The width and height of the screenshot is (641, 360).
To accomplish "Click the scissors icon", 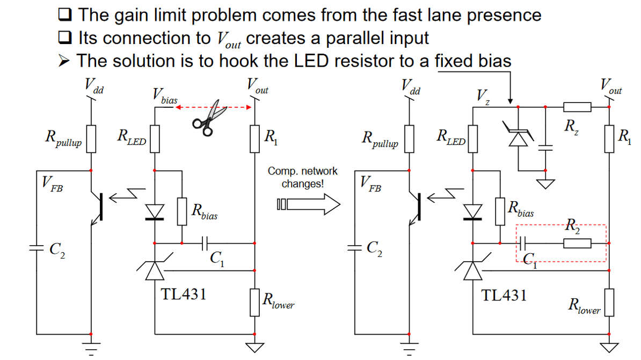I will coord(208,116).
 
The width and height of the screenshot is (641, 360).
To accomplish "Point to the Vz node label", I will coord(483,97).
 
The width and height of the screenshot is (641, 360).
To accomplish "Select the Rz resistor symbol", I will coord(577,107).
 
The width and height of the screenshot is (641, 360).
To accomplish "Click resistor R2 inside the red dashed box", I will coord(577,244).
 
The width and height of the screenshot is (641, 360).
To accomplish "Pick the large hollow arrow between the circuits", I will coord(309,204).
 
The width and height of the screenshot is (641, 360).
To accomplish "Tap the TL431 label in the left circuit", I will coord(184,294).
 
